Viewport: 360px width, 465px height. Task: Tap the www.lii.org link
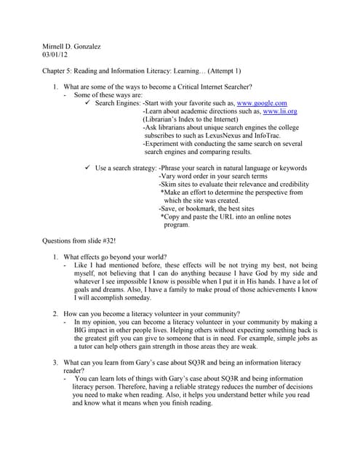coord(280,113)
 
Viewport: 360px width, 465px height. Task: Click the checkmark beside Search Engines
coord(87,104)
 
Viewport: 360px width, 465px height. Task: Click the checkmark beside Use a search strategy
coord(87,168)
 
